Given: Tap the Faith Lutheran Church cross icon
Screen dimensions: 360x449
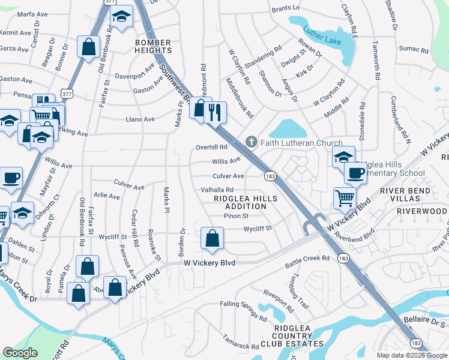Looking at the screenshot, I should [x=252, y=143].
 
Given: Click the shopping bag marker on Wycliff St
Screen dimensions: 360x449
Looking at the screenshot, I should [x=212, y=238].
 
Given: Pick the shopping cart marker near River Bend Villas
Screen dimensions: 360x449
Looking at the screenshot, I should [x=345, y=197].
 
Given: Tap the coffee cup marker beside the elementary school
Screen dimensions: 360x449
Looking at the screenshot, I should [x=355, y=173].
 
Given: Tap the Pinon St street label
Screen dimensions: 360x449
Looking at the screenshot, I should [x=236, y=216].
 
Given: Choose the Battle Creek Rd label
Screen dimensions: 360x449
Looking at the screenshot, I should [x=307, y=258].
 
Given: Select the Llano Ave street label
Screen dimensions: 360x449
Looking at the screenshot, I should [x=140, y=119].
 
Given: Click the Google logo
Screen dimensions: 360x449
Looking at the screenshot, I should [x=20, y=353].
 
